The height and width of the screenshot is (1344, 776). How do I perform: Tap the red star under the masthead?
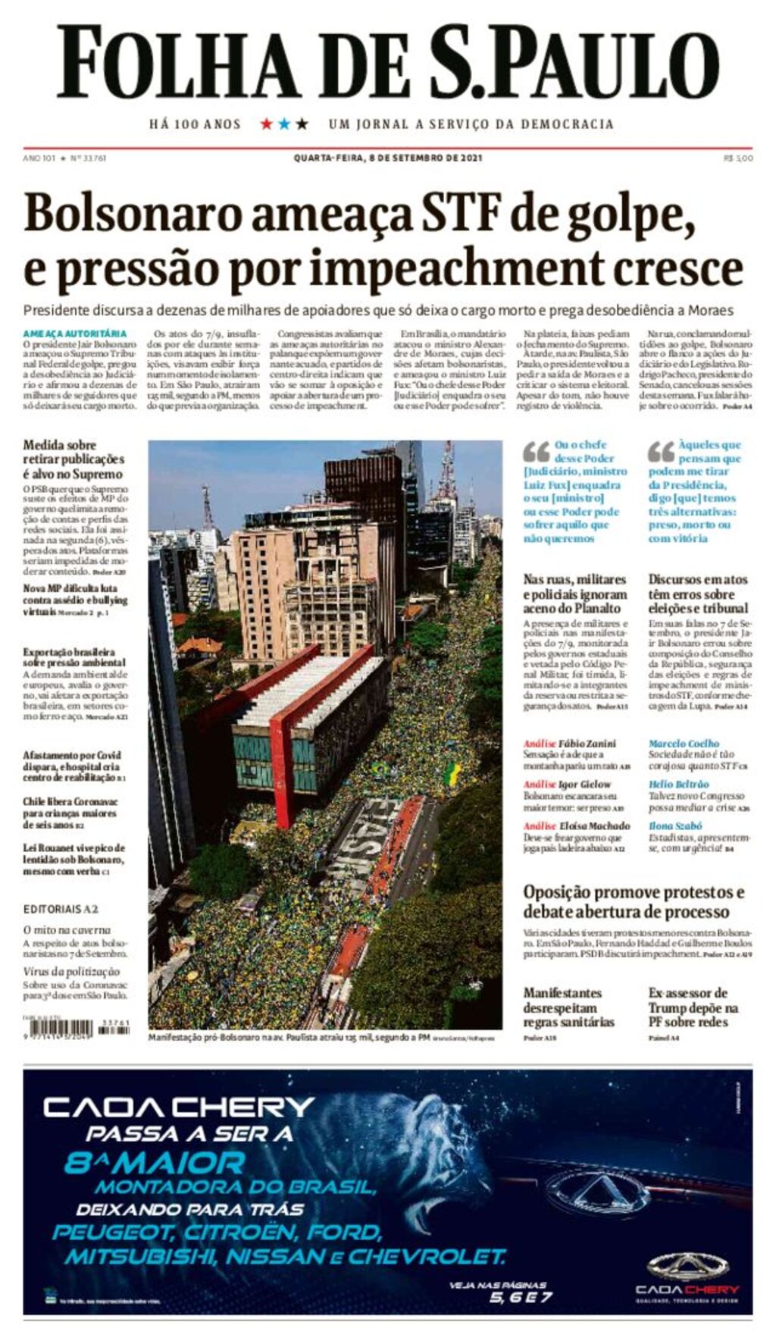266,124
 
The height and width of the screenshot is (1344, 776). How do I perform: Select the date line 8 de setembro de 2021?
388,158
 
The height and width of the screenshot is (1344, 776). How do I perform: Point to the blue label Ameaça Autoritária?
74,334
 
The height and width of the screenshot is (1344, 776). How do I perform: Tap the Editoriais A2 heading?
61,909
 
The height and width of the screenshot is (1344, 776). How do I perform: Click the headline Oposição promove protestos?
634,901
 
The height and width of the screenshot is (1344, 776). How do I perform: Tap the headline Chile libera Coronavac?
70,813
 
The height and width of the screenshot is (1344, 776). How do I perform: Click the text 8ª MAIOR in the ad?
155,1163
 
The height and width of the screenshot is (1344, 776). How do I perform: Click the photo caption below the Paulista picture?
288,1037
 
